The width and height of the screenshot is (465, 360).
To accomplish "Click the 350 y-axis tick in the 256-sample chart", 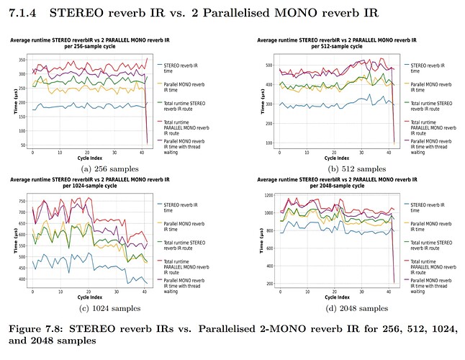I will [x=22, y=59].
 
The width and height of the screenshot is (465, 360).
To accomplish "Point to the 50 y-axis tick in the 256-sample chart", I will [x=24, y=146].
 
